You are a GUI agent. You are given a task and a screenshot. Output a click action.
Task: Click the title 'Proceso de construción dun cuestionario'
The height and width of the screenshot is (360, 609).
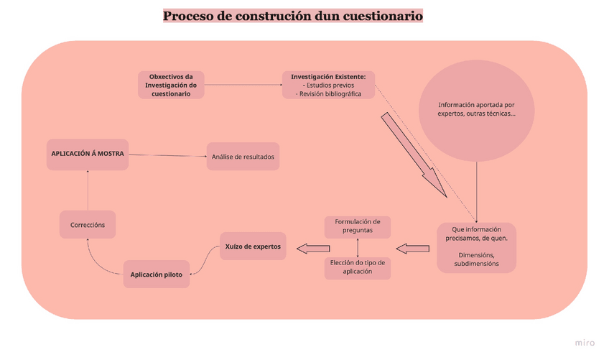(292, 15)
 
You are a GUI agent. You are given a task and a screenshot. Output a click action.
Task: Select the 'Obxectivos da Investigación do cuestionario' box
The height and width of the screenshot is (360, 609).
(171, 86)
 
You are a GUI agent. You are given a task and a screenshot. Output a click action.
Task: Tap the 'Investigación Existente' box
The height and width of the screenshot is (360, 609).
(328, 86)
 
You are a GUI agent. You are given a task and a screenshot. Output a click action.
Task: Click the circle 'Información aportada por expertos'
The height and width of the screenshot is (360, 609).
(476, 109)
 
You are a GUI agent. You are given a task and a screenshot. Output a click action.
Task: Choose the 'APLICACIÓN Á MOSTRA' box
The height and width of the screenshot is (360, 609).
(88, 154)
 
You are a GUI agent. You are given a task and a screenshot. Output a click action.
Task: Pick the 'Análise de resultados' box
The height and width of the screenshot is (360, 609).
(242, 157)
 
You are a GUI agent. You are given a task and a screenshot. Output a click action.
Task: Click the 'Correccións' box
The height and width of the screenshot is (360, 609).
(88, 225)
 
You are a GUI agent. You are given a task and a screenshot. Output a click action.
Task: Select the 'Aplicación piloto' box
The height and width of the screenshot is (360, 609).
(156, 274)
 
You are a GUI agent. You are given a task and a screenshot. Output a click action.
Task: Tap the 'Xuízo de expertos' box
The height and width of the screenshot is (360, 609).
(252, 246)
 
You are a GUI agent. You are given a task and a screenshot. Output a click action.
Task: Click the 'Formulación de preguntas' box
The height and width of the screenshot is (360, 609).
(358, 226)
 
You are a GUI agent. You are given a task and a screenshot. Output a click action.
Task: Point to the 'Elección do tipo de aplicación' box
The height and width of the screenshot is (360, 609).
(358, 267)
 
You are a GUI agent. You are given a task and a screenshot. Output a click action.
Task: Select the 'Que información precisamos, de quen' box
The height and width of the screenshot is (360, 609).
(476, 247)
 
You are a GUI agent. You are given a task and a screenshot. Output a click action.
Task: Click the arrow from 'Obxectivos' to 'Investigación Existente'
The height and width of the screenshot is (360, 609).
(244, 86)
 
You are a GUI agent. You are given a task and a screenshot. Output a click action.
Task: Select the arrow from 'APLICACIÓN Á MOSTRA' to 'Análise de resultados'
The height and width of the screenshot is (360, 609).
(168, 155)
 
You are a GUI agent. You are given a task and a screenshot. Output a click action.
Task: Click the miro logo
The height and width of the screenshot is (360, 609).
(585, 343)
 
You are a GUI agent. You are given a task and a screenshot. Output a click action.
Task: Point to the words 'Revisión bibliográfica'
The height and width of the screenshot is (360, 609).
(330, 94)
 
